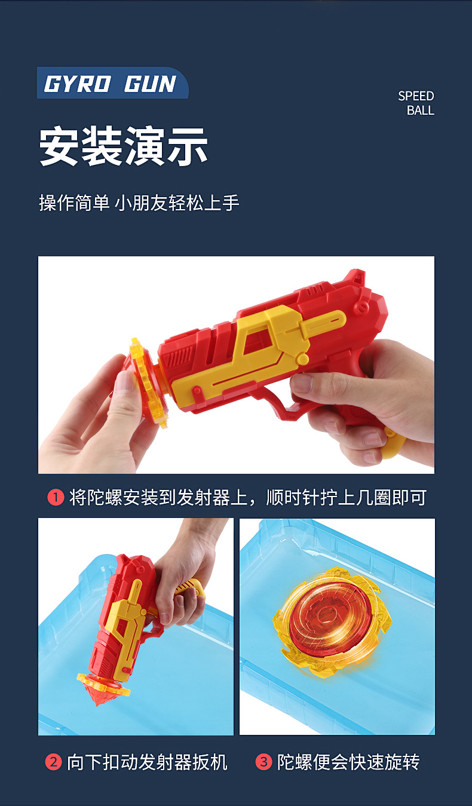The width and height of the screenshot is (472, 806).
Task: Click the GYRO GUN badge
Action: coord(111,84)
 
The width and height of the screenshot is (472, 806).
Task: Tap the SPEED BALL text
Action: coord(416,103)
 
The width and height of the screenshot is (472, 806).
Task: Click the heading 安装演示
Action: coord(124,146)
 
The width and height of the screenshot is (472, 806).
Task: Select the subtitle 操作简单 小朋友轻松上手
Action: coord(139,203)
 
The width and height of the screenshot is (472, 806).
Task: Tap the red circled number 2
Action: coord(54,762)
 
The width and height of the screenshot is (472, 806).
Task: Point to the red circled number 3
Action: coord(263,762)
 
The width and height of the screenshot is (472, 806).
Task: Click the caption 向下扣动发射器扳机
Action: coord(147,762)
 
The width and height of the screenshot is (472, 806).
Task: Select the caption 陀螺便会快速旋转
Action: coord(348,762)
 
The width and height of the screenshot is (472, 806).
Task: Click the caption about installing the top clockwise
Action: coord(247,497)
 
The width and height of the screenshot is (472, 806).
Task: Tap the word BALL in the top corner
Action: coord(421,111)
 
